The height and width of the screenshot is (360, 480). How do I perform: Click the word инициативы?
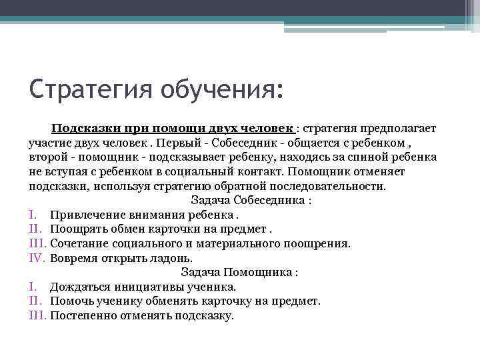tap(149, 287)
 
